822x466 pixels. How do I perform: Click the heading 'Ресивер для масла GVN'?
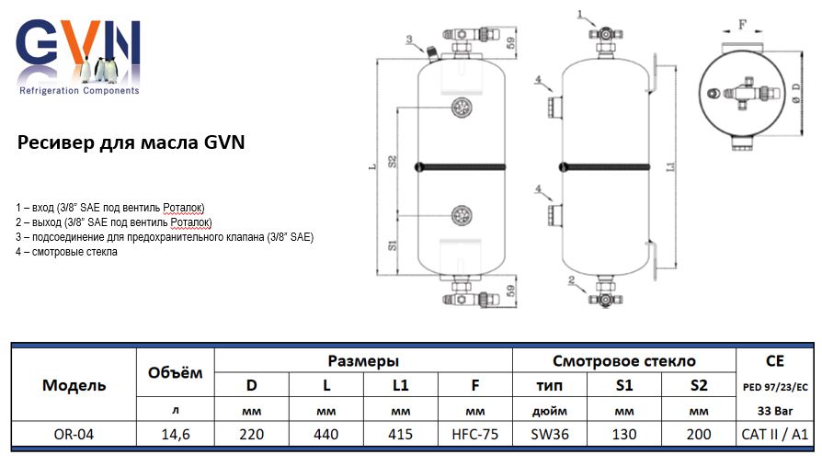coord(131,144)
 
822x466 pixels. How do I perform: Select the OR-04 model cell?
coord(74,435)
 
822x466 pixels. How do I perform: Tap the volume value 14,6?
coord(175,435)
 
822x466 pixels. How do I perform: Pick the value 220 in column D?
coord(251,435)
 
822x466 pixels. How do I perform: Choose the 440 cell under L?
coord(325,435)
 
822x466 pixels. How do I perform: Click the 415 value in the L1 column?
coord(400,435)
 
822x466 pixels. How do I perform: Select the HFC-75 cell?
coord(475,435)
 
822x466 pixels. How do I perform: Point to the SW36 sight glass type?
coord(550,435)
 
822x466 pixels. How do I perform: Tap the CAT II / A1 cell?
coord(775,435)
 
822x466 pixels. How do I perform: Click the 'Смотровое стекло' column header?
coord(623,361)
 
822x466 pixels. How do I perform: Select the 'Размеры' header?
coord(363,361)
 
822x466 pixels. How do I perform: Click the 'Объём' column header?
coord(175,373)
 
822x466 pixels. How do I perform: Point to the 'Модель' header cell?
coord(74,385)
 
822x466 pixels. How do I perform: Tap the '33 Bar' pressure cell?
coord(775,410)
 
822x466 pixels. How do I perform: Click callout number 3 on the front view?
coord(408,38)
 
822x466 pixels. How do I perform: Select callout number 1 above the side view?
coord(581,14)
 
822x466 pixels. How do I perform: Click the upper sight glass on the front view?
coord(462,109)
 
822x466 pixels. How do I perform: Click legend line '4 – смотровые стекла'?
coord(67,252)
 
